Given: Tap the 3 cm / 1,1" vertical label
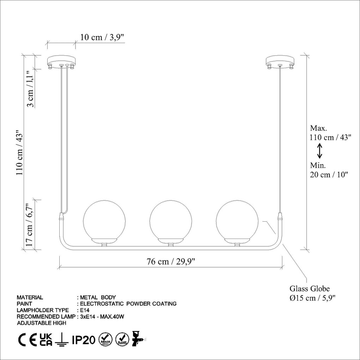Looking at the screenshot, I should click(x=31, y=88).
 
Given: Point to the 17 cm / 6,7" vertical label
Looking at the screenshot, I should click(x=30, y=224).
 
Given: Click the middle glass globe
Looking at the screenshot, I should click(x=171, y=221).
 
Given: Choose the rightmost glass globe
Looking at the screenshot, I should click(x=237, y=221).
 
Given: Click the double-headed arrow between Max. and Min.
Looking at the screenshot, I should click(x=319, y=151).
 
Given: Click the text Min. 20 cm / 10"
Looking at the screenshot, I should click(x=329, y=170).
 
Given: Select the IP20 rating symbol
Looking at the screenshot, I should click(x=83, y=340).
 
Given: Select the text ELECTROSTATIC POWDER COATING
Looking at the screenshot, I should click(x=128, y=304).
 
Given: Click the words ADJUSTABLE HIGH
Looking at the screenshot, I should click(x=42, y=323).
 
